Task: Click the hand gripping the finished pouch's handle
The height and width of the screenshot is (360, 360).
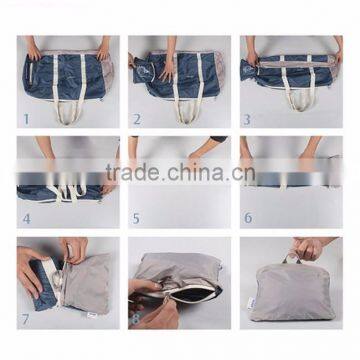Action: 310,247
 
